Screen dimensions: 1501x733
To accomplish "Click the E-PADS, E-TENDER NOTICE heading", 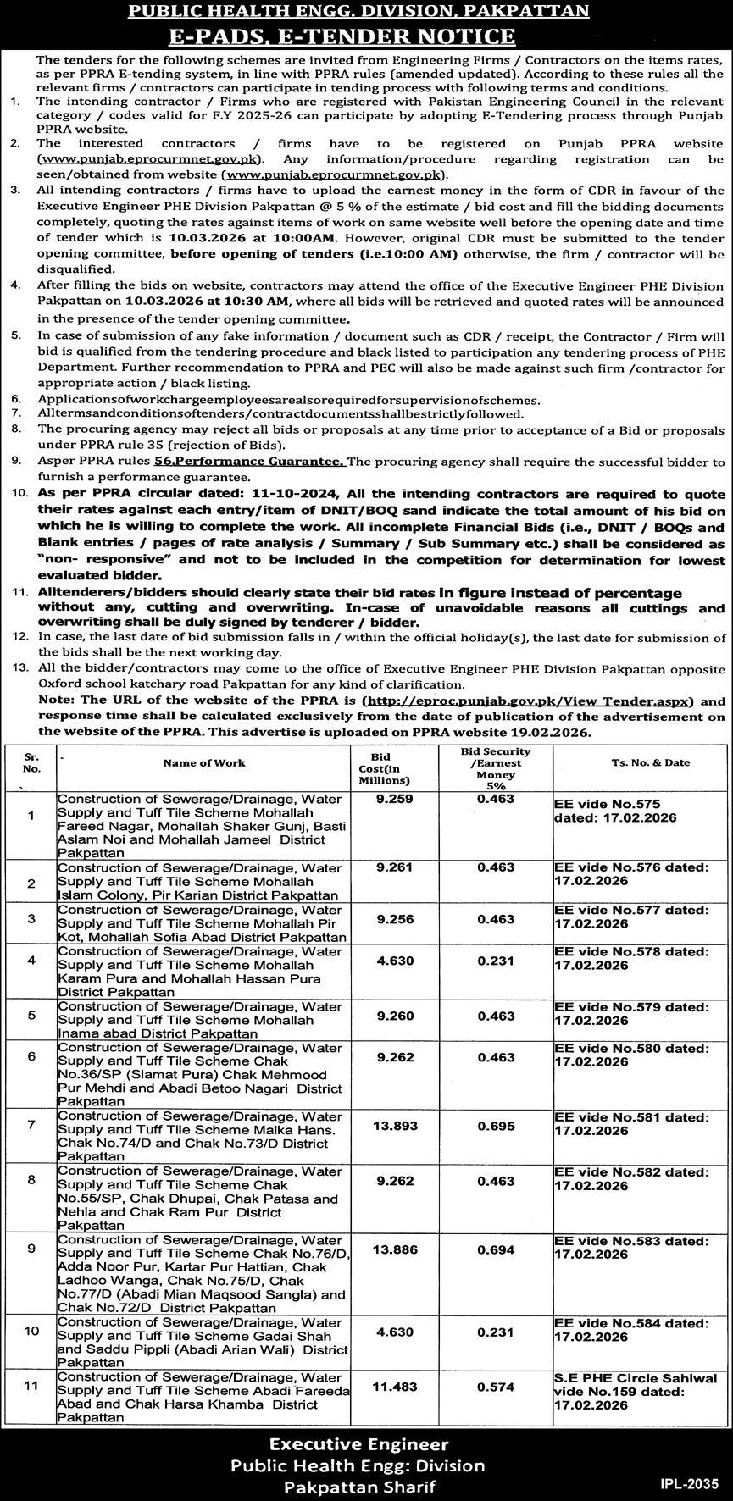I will [365, 36].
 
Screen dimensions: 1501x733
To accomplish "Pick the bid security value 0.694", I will [496, 1249].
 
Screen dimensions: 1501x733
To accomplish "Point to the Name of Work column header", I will [204, 762].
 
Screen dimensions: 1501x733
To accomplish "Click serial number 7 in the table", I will [31, 1124].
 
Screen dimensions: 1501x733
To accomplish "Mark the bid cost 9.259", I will [391, 798].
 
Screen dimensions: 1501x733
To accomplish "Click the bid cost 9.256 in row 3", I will [391, 917].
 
